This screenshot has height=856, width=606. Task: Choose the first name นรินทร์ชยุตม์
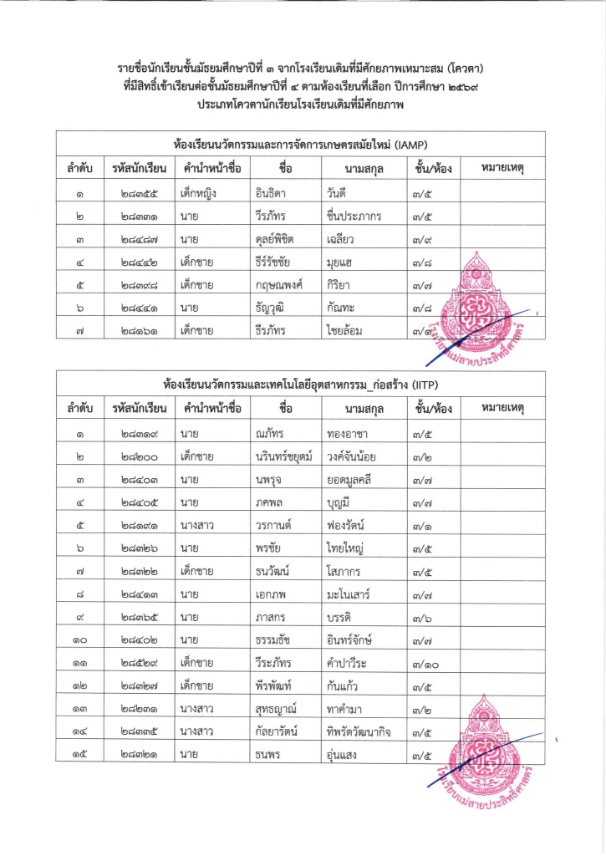(284, 456)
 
